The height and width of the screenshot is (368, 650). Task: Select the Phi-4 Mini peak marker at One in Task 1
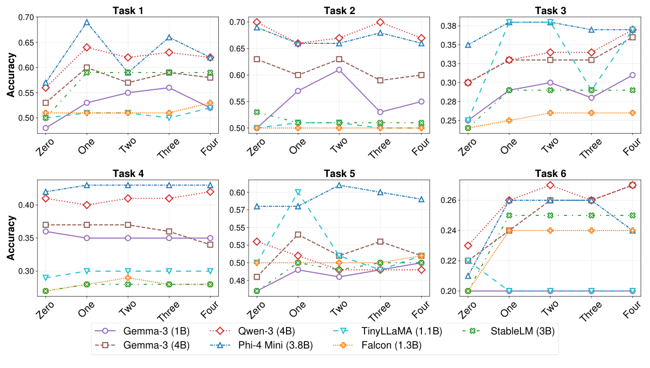click(x=87, y=22)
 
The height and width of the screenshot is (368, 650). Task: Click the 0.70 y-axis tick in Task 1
click(x=25, y=17)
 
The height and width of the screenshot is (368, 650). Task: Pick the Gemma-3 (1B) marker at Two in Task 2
click(x=339, y=70)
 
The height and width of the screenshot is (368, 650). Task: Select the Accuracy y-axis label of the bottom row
click(x=11, y=238)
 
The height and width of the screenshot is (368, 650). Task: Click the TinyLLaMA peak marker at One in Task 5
click(x=297, y=192)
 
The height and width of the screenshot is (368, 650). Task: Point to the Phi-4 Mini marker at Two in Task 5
click(x=339, y=185)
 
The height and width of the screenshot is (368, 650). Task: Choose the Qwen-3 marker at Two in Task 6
click(x=550, y=185)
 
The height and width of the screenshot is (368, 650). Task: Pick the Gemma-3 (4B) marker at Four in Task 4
click(x=210, y=245)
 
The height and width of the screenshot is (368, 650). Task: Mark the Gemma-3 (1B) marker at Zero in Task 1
click(x=45, y=128)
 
